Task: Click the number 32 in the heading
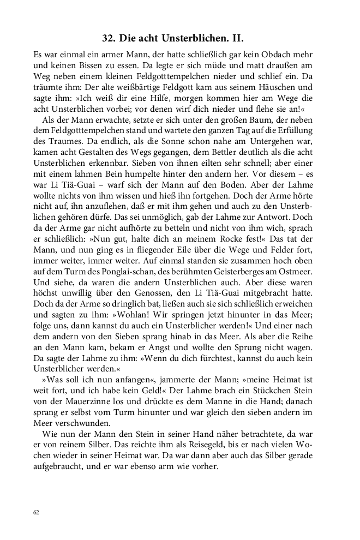pyautogui.click(x=108, y=39)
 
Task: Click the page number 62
pyautogui.click(x=37, y=513)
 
